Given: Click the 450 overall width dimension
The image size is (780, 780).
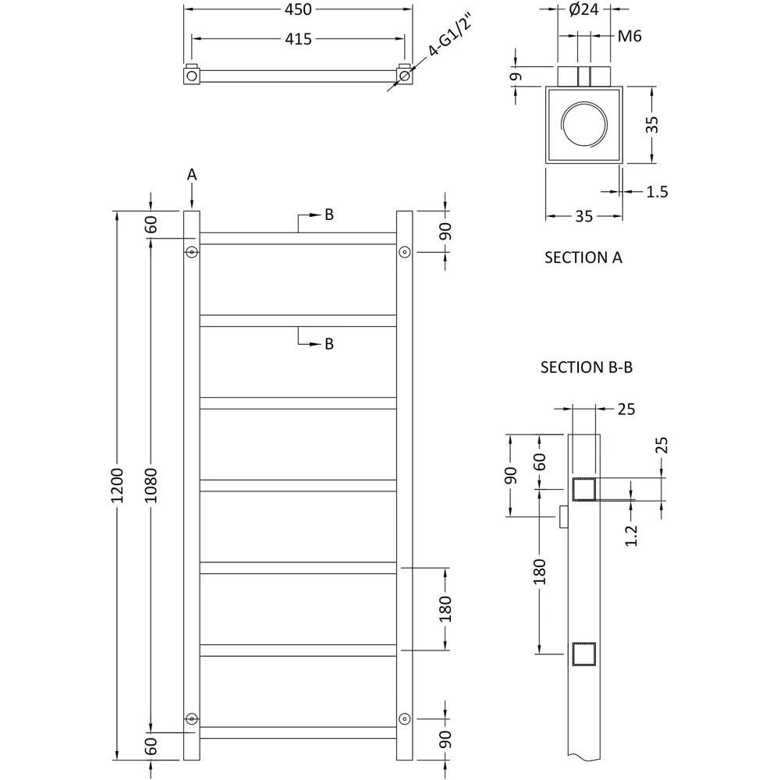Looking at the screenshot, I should coord(298,9).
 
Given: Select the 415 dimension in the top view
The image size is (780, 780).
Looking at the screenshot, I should coord(298,38).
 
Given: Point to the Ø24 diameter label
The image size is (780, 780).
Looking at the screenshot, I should coord(583,10).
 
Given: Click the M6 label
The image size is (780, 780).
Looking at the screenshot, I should coord(629,36).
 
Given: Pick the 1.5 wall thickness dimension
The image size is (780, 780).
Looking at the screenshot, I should coord(658,191).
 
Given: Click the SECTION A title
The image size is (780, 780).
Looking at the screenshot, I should coord(583,257).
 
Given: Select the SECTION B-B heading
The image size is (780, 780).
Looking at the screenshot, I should coord(586,367).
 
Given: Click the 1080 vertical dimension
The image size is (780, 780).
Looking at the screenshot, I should coord(151,485).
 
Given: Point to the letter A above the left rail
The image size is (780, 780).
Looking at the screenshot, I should coord(192,175).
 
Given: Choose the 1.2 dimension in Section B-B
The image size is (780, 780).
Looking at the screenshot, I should coord(632,535).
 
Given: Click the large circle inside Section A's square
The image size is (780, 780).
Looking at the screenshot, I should coord(584,126).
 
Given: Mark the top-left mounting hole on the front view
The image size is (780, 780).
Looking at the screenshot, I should coord(192,252).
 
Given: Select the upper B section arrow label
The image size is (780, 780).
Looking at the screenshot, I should coord(329,215).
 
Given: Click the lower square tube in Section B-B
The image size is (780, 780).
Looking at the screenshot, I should coord(584,654).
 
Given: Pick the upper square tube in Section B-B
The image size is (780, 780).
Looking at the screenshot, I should coord(584,490).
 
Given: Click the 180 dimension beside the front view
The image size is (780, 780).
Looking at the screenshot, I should coord(445,608).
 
